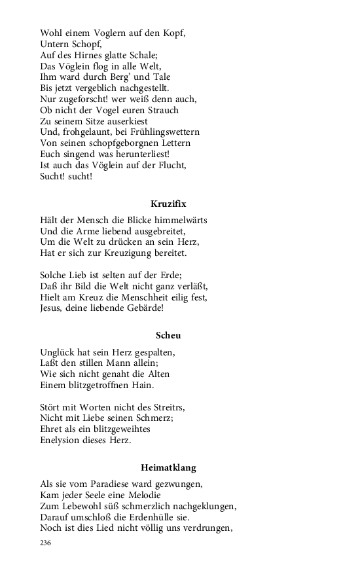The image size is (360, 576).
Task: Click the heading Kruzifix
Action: (168, 204)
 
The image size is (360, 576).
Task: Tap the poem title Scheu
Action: (168, 336)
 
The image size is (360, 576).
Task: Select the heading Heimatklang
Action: (168, 467)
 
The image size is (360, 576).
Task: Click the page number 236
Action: (46, 543)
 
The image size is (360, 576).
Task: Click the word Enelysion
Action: (64, 440)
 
